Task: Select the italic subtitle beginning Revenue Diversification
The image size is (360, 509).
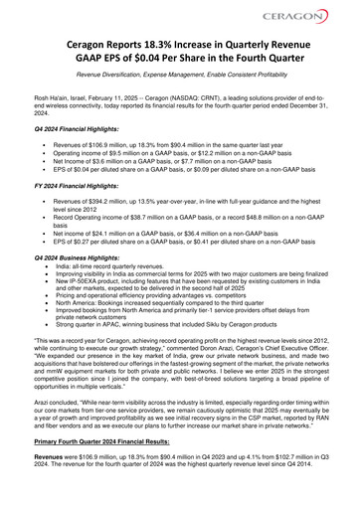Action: coord(180,76)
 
